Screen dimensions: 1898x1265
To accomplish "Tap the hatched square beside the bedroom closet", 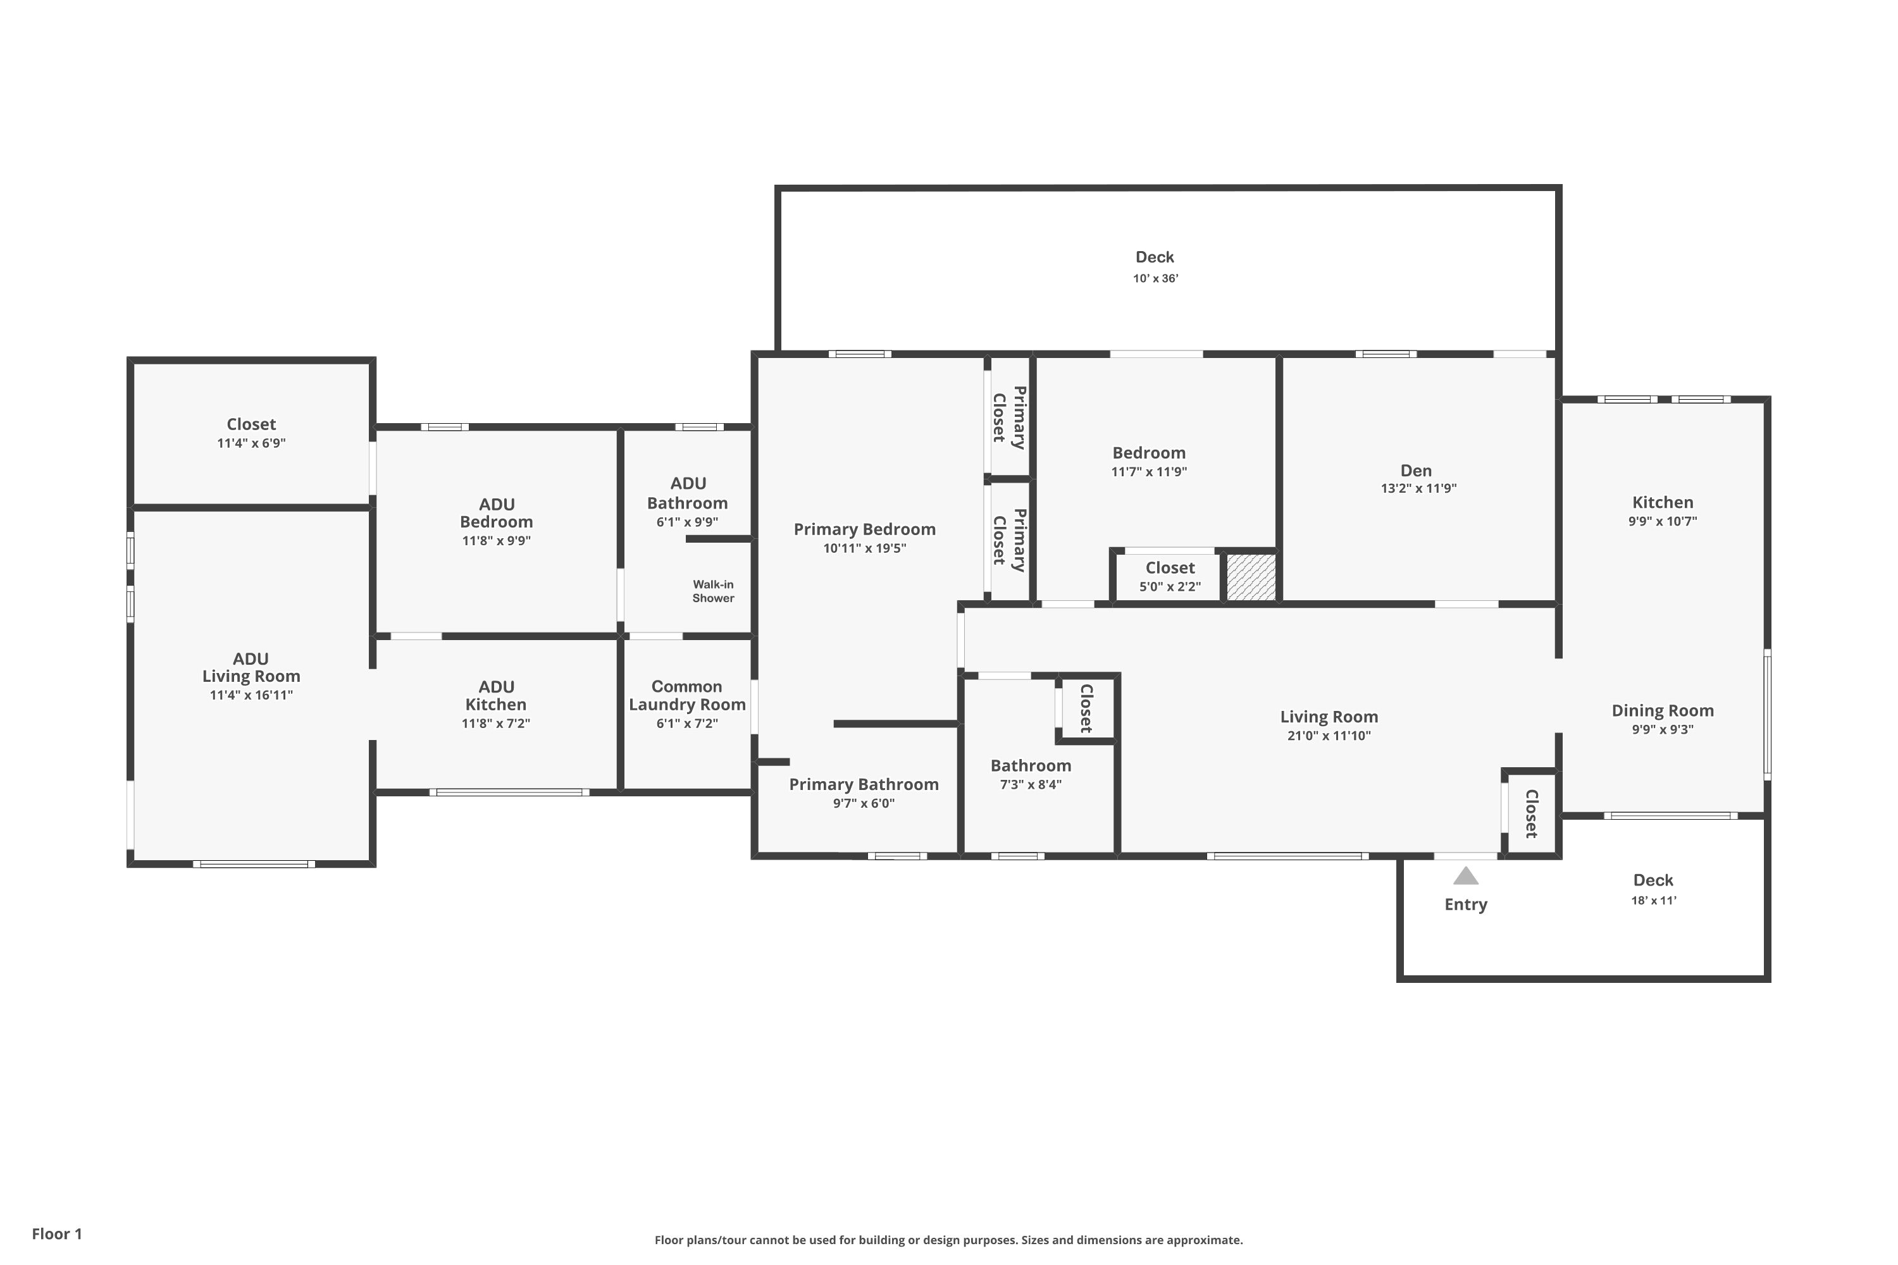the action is coord(1251,577).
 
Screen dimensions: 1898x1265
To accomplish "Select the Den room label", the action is coord(1417,471).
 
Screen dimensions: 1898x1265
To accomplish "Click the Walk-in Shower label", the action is coord(714,591).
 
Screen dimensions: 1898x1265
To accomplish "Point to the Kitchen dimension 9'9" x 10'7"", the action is coord(1663,521).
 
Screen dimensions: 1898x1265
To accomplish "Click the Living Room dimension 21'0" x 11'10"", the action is coord(1329,736).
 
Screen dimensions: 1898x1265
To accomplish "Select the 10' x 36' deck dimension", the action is coord(1156,278).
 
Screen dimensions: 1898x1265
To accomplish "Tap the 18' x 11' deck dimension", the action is coord(1654,900).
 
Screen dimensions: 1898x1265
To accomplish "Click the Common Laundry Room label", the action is coord(686,695).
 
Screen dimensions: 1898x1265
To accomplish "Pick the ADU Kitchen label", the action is coord(495,695).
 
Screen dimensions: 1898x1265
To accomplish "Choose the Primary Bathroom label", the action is coord(864,785).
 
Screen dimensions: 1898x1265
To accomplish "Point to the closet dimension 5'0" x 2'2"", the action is coord(1170,586).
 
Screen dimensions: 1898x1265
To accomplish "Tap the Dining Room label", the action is coord(1663,711).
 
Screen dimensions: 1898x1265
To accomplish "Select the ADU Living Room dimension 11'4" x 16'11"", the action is coord(251,695).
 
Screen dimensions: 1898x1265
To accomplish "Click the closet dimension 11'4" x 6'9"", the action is coord(251,443).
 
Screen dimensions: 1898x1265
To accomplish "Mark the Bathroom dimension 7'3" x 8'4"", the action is coord(1031,784).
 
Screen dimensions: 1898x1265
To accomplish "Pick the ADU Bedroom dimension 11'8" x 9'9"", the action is coord(496,541).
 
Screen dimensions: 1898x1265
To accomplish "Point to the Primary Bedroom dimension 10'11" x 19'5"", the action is coord(864,548).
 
